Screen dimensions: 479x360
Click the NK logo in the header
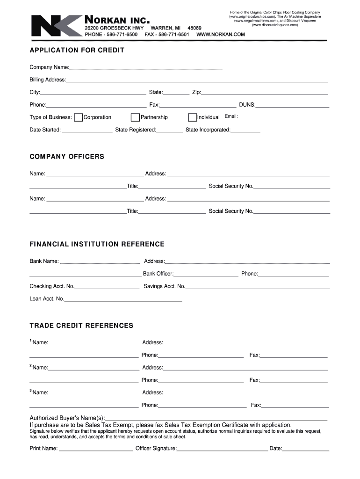[55, 26]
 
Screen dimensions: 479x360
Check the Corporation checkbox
[79, 117]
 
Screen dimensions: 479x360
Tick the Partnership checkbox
[135, 117]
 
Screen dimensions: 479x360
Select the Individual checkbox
[192, 117]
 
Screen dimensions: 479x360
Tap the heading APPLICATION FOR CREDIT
[77, 50]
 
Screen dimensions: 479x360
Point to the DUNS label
[247, 105]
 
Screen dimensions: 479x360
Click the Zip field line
[264, 93]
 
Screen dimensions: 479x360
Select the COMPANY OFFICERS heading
[67, 156]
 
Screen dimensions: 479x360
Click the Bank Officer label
[158, 274]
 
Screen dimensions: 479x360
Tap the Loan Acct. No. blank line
[123, 299]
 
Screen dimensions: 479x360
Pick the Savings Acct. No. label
[164, 286]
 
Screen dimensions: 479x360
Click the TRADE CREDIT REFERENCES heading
[81, 326]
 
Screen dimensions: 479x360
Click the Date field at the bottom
[306, 450]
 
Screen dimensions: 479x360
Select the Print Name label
[43, 449]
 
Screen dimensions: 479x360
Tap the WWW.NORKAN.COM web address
[221, 35]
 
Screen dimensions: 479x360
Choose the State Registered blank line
[170, 131]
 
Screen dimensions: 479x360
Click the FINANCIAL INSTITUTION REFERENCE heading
[97, 244]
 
